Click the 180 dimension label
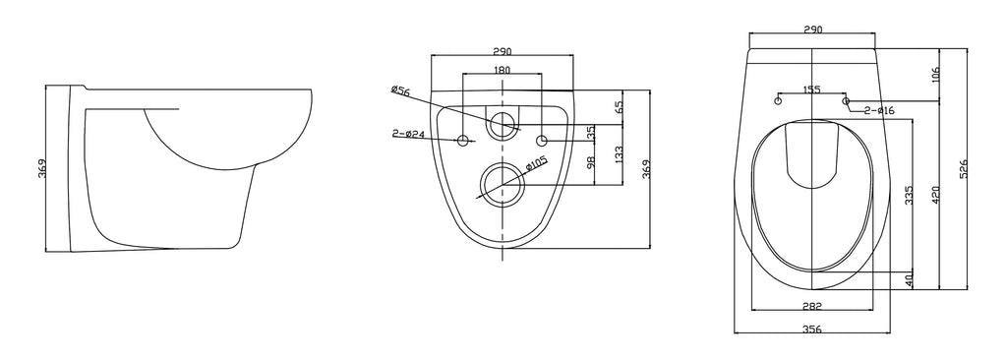(503, 70)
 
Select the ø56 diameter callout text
(400, 90)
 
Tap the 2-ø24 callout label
(408, 134)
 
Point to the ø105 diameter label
(536, 165)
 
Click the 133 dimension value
(618, 155)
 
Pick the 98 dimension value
(591, 162)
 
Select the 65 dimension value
(620, 106)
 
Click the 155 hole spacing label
(811, 90)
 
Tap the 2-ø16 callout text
(878, 110)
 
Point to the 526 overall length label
(963, 168)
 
